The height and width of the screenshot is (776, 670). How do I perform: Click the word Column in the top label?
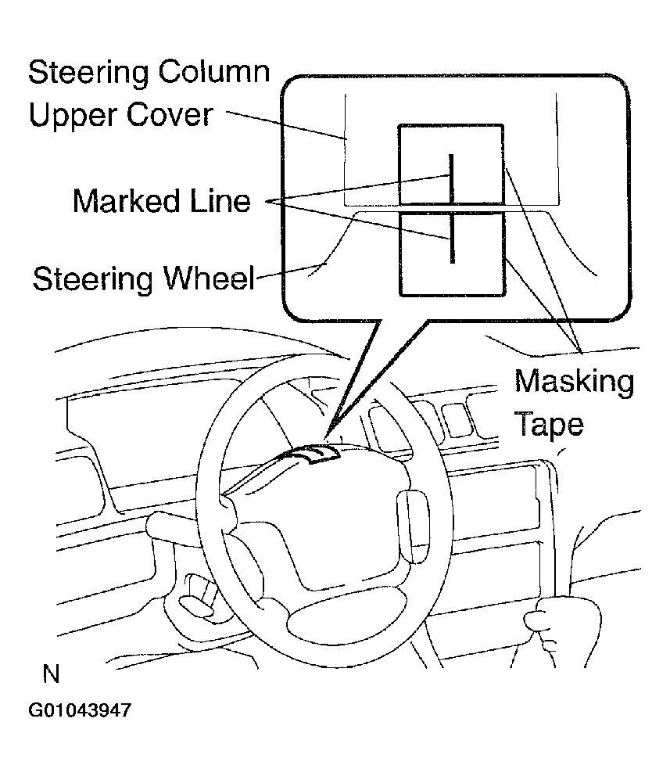click(213, 72)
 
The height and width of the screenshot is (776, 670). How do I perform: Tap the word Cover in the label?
click(170, 115)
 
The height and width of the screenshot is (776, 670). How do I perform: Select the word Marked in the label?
click(126, 201)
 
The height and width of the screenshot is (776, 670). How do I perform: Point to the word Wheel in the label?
click(209, 278)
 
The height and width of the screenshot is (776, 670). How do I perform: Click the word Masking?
click(574, 382)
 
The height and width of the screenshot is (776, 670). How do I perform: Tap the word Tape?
click(549, 424)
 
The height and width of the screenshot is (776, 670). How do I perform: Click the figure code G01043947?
click(80, 710)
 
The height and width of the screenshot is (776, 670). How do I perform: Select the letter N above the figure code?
click(51, 674)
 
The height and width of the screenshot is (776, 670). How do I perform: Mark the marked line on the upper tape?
click(451, 178)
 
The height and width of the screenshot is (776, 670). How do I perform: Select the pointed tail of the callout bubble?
click(326, 437)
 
